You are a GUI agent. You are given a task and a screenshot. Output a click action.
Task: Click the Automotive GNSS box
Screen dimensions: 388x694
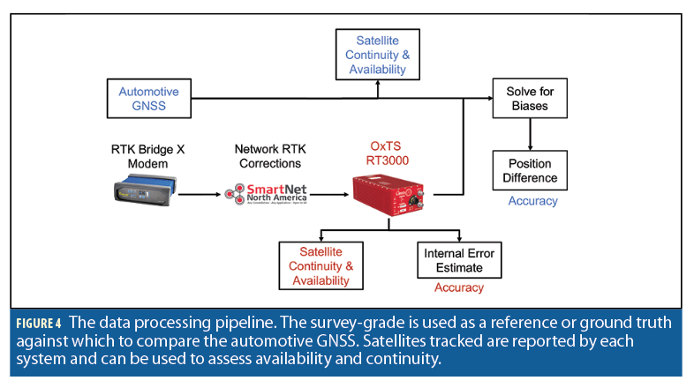pyautogui.click(x=149, y=100)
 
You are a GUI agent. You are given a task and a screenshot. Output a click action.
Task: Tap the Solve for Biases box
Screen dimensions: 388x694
pyautogui.click(x=528, y=100)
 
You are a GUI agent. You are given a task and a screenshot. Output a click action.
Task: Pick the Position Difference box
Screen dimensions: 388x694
pyautogui.click(x=528, y=170)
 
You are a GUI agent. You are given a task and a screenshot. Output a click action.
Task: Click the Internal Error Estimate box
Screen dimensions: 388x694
pyautogui.click(x=458, y=260)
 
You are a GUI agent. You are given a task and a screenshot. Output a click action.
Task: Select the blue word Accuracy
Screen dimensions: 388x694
pyautogui.click(x=532, y=201)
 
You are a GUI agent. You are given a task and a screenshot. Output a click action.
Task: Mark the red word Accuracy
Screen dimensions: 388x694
pyautogui.click(x=459, y=288)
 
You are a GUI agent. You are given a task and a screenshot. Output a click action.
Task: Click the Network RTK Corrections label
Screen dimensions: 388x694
pyautogui.click(x=268, y=156)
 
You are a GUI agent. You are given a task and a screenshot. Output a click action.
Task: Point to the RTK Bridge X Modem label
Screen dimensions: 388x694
pyautogui.click(x=147, y=156)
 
